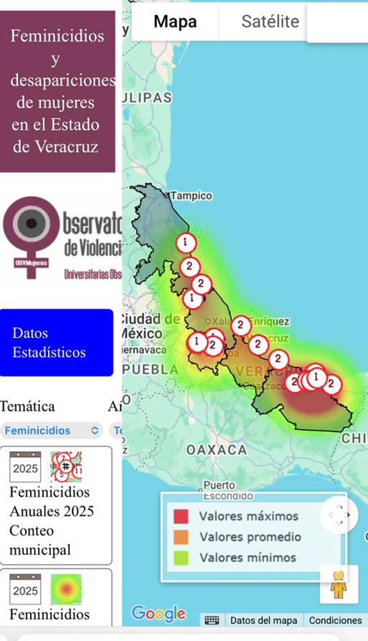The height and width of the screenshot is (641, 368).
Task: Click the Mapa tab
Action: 175,22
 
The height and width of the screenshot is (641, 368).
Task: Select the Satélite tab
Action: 270,22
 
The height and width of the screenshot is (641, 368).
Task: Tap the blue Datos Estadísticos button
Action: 56,343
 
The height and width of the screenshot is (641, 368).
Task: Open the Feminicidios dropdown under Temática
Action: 52,431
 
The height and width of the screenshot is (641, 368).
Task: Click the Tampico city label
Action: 191,196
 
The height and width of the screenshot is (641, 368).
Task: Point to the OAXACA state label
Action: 217,450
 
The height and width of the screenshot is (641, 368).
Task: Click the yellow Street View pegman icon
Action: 339,585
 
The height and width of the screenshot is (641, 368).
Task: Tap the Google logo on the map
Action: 158,613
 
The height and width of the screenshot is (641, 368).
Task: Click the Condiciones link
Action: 335,620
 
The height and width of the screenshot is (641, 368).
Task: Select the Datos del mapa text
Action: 263,620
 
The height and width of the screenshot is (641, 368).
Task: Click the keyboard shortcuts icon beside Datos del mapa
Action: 212,620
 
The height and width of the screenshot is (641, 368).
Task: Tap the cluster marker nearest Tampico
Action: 185,243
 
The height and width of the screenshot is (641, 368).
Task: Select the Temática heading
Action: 28,406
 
